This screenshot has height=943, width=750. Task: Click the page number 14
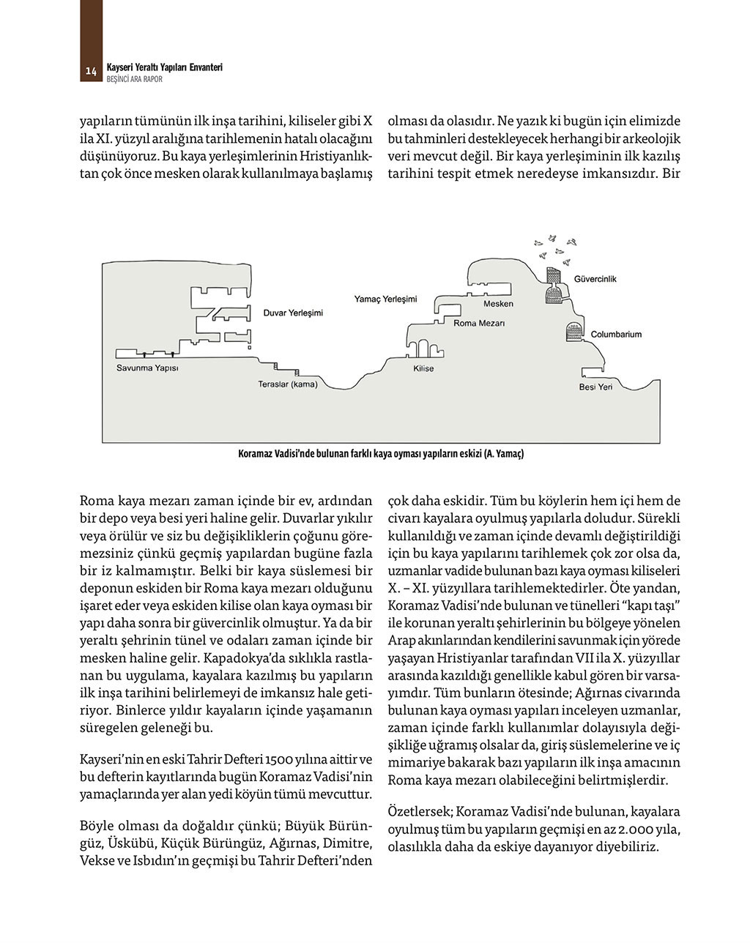tap(91, 71)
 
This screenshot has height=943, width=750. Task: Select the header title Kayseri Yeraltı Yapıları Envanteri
tap(165, 67)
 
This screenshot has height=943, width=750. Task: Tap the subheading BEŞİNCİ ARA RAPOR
tap(135, 79)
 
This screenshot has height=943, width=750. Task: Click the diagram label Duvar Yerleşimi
tap(293, 313)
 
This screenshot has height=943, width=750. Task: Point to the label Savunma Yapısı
tap(147, 368)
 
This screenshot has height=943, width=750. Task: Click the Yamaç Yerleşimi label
tap(385, 299)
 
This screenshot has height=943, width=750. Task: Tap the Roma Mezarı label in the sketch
tap(480, 322)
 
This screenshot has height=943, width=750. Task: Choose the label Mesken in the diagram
tap(498, 303)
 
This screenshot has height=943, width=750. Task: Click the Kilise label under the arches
tap(423, 368)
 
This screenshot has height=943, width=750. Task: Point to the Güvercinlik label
tap(595, 279)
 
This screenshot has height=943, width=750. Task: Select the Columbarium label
tap(616, 334)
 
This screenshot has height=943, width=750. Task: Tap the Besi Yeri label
tap(595, 387)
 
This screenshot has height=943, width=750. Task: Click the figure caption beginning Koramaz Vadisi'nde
tap(381, 454)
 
